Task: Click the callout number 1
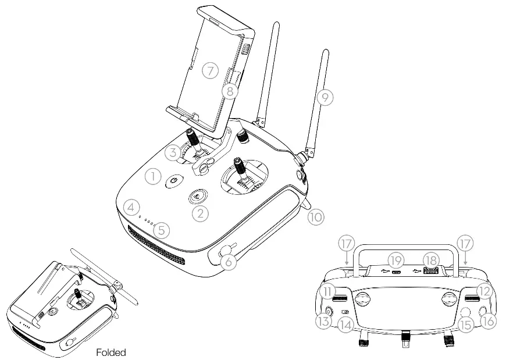pyautogui.click(x=152, y=176)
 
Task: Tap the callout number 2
pyautogui.click(x=201, y=213)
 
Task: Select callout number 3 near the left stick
pyautogui.click(x=171, y=153)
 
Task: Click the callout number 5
pyautogui.click(x=163, y=230)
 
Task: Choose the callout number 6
pyautogui.click(x=229, y=262)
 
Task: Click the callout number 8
pyautogui.click(x=230, y=91)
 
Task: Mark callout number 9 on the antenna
pyautogui.click(x=326, y=98)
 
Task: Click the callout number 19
pyautogui.click(x=396, y=260)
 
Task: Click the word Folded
pyautogui.click(x=111, y=352)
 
